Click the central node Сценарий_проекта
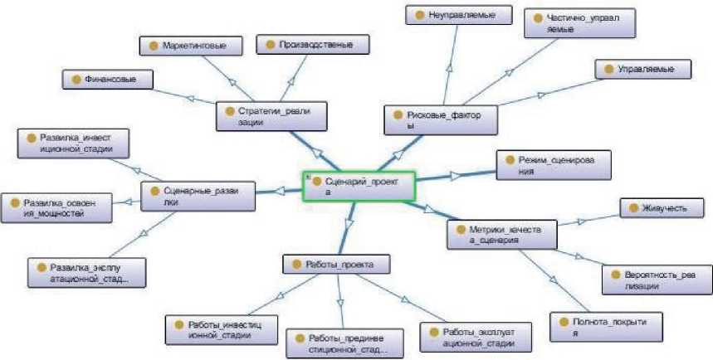tap(358, 186)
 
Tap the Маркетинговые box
tap(188, 46)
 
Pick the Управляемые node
tap(642, 69)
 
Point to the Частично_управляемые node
tap(574, 22)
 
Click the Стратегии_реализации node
tap(271, 115)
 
